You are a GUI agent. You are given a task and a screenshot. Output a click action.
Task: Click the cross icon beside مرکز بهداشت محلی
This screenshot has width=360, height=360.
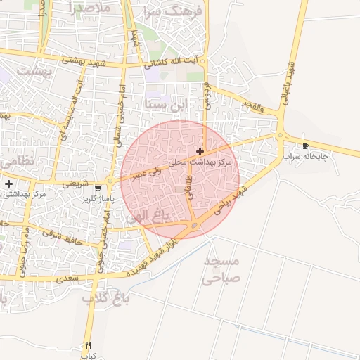pyautogui.click(x=200, y=151)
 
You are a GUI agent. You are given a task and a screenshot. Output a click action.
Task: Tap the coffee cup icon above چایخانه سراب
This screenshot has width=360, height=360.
pyautogui.click(x=305, y=146)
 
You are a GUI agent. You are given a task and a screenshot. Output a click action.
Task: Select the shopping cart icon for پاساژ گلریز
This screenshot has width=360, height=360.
pyautogui.click(x=98, y=188)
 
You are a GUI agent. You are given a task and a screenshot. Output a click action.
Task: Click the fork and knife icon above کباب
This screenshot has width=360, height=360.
pyautogui.click(x=88, y=345)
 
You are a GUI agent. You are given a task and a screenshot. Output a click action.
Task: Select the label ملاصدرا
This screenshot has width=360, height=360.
pyautogui.click(x=91, y=8)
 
